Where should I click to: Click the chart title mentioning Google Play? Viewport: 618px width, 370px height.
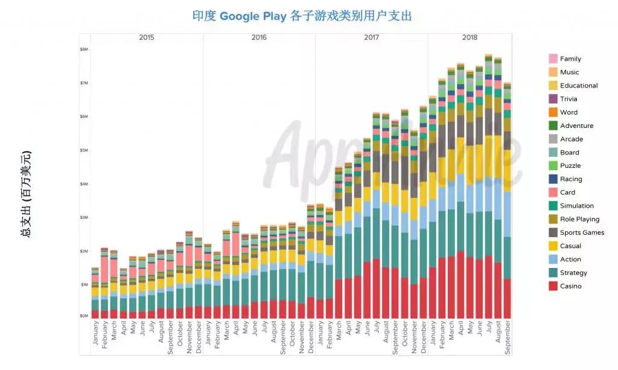[x=302, y=16]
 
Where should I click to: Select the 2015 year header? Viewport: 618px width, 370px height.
[x=146, y=37]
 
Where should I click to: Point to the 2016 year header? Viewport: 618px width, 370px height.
[x=259, y=37]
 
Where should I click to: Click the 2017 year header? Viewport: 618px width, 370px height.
[x=371, y=37]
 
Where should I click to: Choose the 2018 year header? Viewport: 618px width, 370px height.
[x=470, y=37]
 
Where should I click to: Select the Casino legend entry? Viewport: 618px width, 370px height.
[x=570, y=286]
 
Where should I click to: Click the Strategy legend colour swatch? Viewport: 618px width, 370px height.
[x=553, y=273]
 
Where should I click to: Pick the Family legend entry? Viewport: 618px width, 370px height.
[x=570, y=59]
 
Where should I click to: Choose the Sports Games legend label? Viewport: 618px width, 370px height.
[x=582, y=232]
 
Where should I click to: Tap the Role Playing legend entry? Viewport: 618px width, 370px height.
[x=579, y=219]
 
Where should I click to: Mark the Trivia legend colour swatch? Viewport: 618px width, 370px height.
[x=553, y=99]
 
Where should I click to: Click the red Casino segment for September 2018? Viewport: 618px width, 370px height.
[x=507, y=298]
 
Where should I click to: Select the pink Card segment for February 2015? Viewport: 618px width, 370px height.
[x=104, y=269]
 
